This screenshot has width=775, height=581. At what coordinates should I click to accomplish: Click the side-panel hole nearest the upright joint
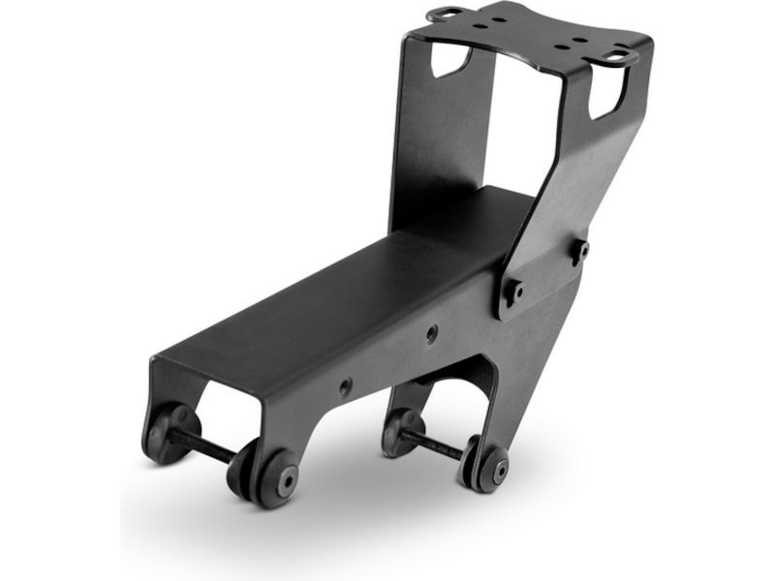click(432, 333)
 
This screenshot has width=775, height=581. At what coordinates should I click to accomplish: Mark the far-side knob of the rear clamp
click(401, 429)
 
